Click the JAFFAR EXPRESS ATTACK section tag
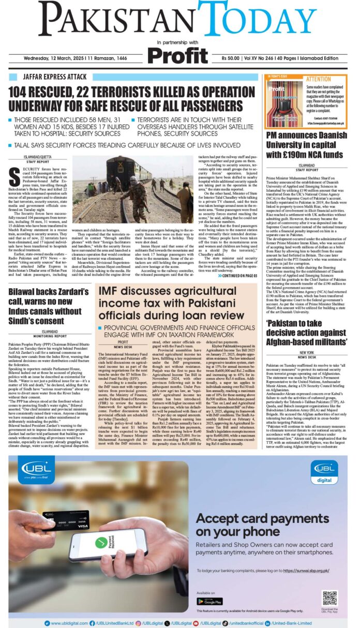[50, 78]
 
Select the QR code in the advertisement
[329, 597]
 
